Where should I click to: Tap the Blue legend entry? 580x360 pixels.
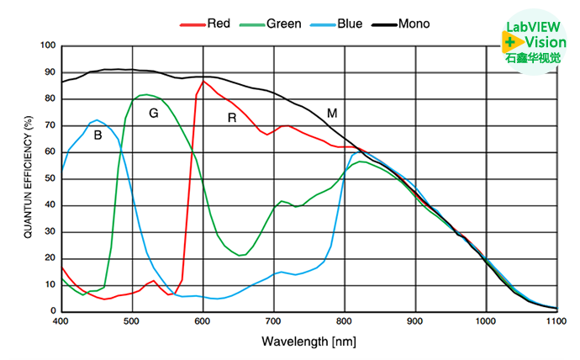point(349,24)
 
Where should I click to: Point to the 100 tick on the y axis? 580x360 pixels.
point(47,45)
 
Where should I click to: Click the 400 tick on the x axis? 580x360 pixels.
point(61,321)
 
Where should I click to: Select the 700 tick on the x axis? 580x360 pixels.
point(273,321)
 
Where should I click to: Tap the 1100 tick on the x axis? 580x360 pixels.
point(556,321)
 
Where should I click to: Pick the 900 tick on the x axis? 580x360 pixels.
point(415,321)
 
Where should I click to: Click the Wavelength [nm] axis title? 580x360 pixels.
point(309,341)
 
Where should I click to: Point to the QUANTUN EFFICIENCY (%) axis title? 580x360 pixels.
point(28,178)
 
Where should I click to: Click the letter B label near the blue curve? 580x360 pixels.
point(98,135)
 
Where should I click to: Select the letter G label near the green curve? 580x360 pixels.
point(153,113)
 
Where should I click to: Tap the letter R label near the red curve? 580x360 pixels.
point(232,118)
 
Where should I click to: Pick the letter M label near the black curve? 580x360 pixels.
point(332,113)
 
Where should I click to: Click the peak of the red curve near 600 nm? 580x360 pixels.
point(203,82)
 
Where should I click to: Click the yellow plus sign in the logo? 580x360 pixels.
point(509,41)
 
